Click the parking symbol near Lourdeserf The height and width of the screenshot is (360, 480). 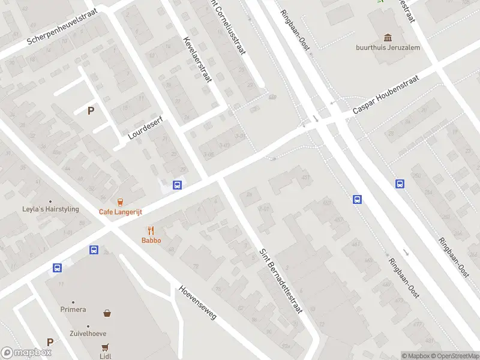[x=91, y=110]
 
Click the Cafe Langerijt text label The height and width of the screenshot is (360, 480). [x=121, y=211]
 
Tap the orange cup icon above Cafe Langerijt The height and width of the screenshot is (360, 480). [x=121, y=202]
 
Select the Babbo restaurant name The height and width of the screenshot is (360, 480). [x=151, y=240]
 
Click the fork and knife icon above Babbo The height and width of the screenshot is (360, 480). [x=151, y=230]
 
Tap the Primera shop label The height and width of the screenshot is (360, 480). [x=73, y=310]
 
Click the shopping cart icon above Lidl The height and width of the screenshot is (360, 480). [x=106, y=346]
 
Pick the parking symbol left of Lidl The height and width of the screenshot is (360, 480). [x=50, y=342]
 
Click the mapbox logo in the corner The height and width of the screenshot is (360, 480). [x=26, y=353]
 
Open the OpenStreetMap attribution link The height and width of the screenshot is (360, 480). [x=455, y=356]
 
